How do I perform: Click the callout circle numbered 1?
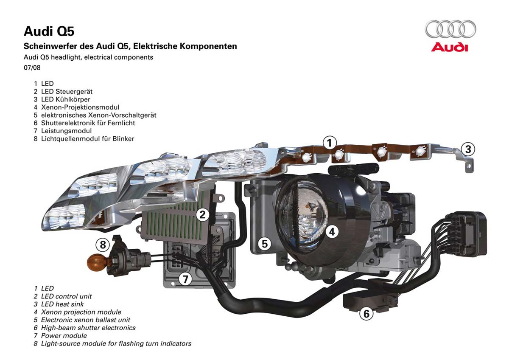click(330, 143)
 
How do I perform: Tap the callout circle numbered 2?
click(203, 215)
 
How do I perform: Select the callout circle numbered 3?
click(468, 149)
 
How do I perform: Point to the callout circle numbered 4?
click(332, 231)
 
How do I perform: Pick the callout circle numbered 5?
click(265, 244)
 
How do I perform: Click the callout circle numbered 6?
click(366, 314)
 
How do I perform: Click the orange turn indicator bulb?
click(95, 262)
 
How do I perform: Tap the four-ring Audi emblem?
click(450, 30)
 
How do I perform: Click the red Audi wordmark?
click(450, 47)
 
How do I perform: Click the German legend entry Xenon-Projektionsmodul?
click(80, 107)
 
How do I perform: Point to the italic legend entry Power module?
click(64, 335)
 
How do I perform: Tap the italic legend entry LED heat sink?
click(62, 304)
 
